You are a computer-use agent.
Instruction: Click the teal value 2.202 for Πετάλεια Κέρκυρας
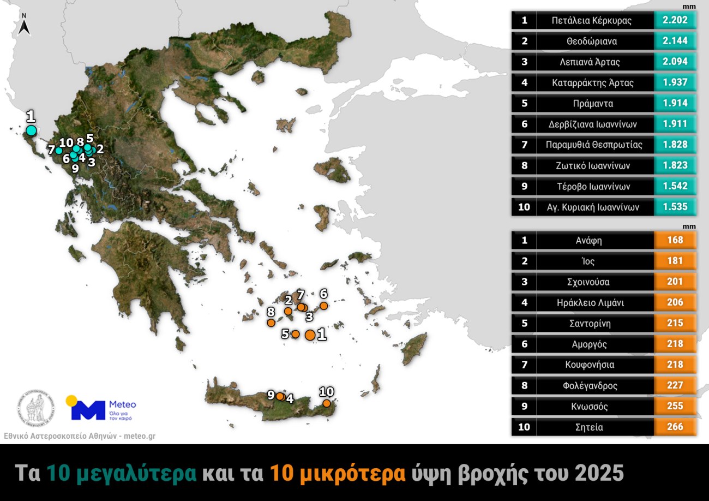tap(675, 20)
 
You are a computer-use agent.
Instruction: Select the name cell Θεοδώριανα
tap(595, 41)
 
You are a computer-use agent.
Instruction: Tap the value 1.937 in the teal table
tap(675, 82)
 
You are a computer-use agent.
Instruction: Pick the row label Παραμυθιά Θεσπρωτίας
tap(595, 145)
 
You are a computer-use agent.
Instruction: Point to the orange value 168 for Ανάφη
tap(675, 240)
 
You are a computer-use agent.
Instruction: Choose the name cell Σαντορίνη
tap(595, 323)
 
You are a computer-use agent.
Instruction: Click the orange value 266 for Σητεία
tap(675, 427)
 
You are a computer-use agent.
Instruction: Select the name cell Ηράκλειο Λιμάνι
tap(595, 302)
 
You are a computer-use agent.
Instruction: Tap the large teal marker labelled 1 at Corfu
tap(31, 130)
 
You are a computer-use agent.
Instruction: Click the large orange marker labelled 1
tap(310, 335)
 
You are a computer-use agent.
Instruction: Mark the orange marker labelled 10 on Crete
tap(326, 403)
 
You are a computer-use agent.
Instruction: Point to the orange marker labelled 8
tap(271, 323)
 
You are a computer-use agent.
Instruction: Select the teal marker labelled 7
tap(59, 150)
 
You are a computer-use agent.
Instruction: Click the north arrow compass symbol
tap(24, 26)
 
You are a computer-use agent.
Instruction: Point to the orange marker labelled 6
tap(323, 306)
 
